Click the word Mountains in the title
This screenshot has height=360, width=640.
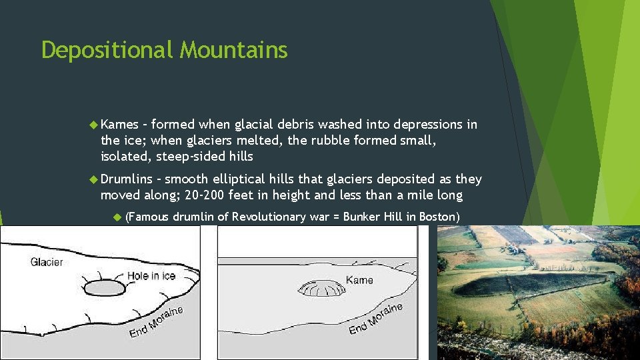[x=234, y=50]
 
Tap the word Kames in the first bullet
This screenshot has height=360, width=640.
[x=121, y=125]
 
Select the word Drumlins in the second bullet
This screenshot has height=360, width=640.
[x=127, y=179]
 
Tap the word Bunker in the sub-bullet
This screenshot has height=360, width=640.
[x=381, y=217]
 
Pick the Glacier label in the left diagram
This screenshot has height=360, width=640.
[x=47, y=262]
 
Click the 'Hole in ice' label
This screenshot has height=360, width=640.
[x=151, y=275]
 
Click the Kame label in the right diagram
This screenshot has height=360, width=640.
[x=359, y=280]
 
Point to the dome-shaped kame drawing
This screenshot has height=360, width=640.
[x=321, y=289]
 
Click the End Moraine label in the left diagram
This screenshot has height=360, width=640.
[x=156, y=321]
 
